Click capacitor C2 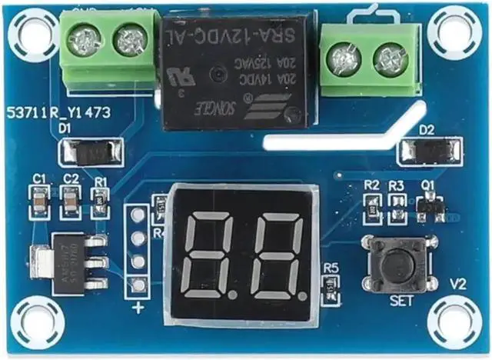71,202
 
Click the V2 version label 458,284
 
